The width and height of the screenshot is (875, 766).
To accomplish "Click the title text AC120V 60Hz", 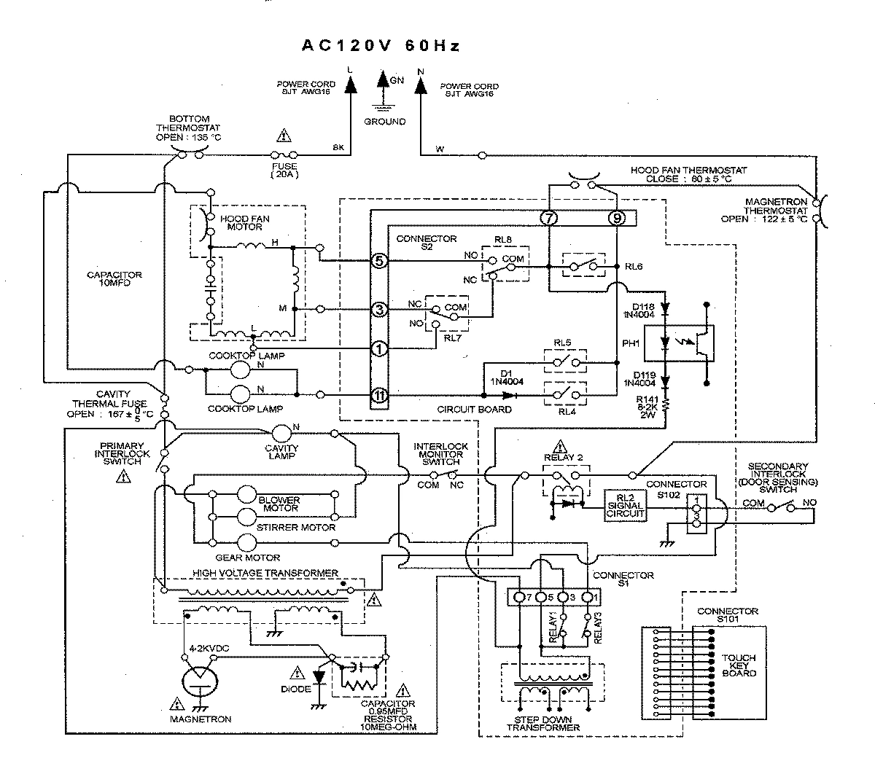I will [x=381, y=46].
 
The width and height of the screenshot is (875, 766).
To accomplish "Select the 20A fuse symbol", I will [x=283, y=155].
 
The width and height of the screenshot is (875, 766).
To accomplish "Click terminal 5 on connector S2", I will [x=378, y=260].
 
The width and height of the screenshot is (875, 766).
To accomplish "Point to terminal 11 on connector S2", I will [x=378, y=395].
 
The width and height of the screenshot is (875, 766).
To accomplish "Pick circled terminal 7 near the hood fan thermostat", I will [x=548, y=217].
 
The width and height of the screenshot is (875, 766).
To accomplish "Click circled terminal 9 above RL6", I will [x=616, y=217].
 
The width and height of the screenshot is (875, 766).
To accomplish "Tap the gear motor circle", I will [x=249, y=542].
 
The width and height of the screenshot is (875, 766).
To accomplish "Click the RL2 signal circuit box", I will [x=626, y=505].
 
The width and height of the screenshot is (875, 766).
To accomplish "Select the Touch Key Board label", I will [x=739, y=665].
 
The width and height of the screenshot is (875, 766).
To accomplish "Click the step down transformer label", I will [x=543, y=723].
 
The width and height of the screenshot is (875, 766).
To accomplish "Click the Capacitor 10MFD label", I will [x=114, y=280].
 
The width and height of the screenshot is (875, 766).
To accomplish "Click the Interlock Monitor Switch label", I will [x=440, y=453].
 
